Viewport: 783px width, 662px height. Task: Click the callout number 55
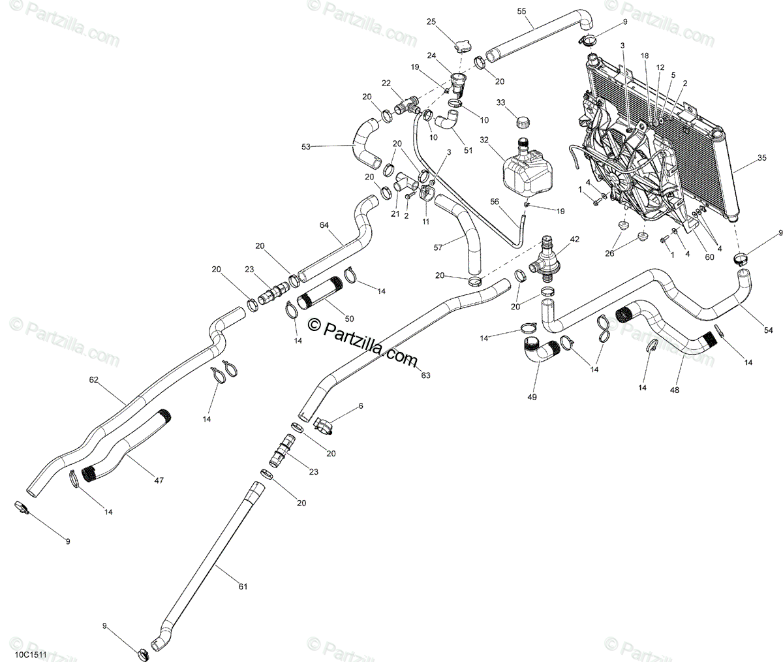point(539,11)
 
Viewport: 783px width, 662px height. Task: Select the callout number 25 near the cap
point(431,22)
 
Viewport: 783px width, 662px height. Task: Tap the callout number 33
point(500,102)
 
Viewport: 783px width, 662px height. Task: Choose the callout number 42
point(574,239)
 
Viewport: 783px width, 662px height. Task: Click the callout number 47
point(159,481)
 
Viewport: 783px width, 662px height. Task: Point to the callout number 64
point(324,225)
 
